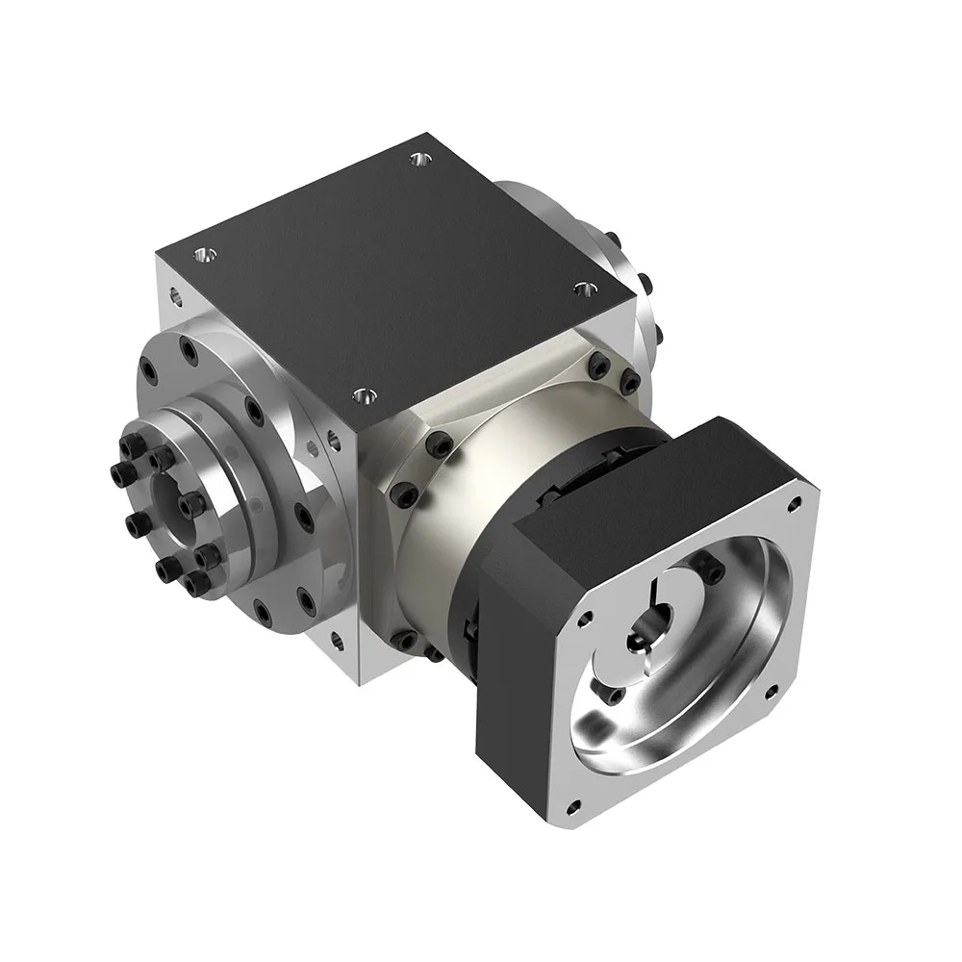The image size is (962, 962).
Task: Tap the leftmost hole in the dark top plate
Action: click(203, 255)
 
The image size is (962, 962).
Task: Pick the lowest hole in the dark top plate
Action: click(363, 394)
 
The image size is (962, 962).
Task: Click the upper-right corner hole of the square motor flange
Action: click(795, 502)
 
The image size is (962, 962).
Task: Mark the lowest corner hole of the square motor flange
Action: click(573, 806)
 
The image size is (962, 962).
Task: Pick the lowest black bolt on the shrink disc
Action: click(196, 583)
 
